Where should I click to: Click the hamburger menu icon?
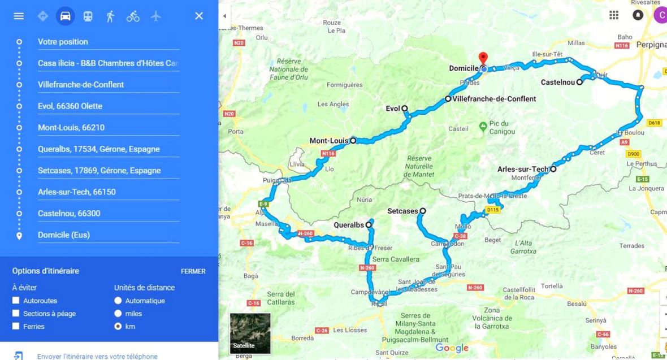pyautogui.click(x=19, y=16)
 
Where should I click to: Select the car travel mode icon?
pyautogui.click(x=66, y=16)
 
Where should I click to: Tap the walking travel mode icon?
pyautogui.click(x=110, y=16)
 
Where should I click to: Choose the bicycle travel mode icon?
pyautogui.click(x=133, y=16)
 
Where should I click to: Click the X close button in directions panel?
pyautogui.click(x=199, y=16)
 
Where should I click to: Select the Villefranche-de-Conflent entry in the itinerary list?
pyautogui.click(x=81, y=85)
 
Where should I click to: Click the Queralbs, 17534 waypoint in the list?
pyautogui.click(x=98, y=149)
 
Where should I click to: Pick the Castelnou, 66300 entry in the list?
pyautogui.click(x=69, y=214)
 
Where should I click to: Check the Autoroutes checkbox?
pyautogui.click(x=16, y=301)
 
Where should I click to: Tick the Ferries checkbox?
pyautogui.click(x=16, y=326)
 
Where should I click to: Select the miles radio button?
pyautogui.click(x=118, y=314)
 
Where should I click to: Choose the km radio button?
pyautogui.click(x=118, y=326)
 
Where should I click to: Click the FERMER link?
pyautogui.click(x=193, y=271)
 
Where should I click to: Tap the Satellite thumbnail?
pyautogui.click(x=250, y=333)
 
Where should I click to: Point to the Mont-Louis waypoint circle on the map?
pyautogui.click(x=353, y=141)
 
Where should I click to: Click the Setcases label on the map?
pyautogui.click(x=402, y=211)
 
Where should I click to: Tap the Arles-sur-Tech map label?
pyautogui.click(x=523, y=169)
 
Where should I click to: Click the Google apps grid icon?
pyautogui.click(x=614, y=15)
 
